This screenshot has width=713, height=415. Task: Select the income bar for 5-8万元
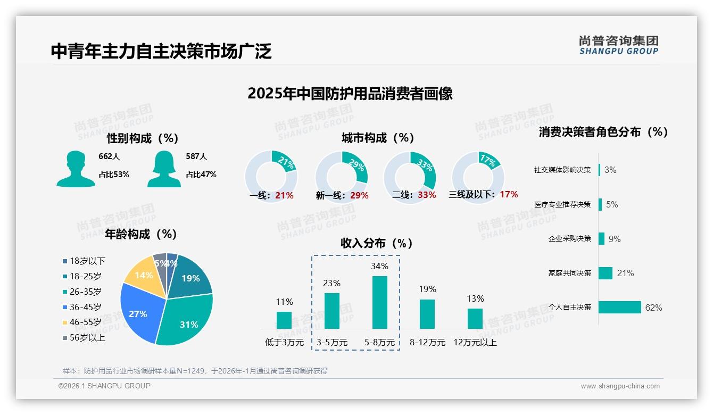[379, 302]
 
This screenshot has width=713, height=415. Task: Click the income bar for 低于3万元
[284, 320]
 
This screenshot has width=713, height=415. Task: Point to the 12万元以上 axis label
[475, 343]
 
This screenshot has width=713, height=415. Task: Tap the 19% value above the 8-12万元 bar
[427, 289]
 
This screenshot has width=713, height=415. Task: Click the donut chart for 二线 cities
[410, 177]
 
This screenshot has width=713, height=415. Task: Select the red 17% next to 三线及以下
[509, 195]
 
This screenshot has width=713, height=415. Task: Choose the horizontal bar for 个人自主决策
[620, 308]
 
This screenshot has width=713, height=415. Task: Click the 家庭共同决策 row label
[570, 273]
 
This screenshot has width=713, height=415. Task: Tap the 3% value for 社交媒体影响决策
[610, 170]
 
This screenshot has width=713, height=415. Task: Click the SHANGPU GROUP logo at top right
[618, 45]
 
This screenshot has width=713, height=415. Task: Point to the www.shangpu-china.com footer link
[620, 386]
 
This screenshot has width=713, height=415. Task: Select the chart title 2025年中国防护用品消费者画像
[350, 94]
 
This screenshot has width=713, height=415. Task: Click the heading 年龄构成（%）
[141, 234]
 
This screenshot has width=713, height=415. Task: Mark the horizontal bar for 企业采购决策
[602, 239]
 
